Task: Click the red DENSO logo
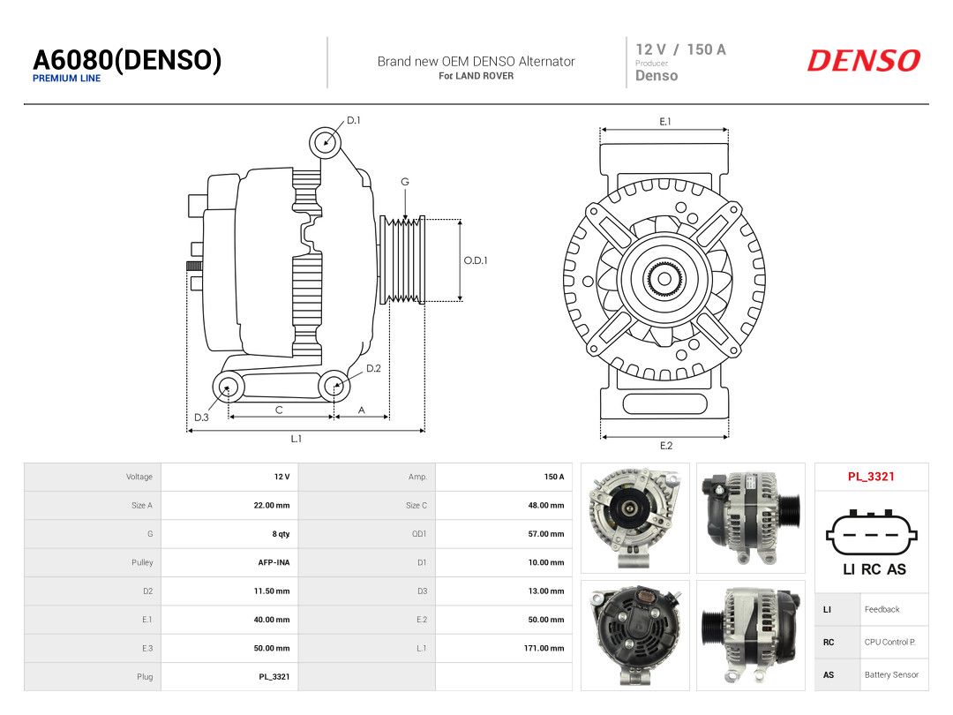tap(864, 61)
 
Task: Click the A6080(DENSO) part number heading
tap(127, 60)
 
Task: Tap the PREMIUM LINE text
tap(67, 79)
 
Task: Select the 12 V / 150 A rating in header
tap(680, 49)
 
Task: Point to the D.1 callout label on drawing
tap(354, 120)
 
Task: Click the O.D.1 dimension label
tap(476, 260)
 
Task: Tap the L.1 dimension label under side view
tap(296, 439)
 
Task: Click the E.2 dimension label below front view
tap(666, 446)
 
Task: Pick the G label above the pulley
tap(405, 182)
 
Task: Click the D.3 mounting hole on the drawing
tap(228, 387)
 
